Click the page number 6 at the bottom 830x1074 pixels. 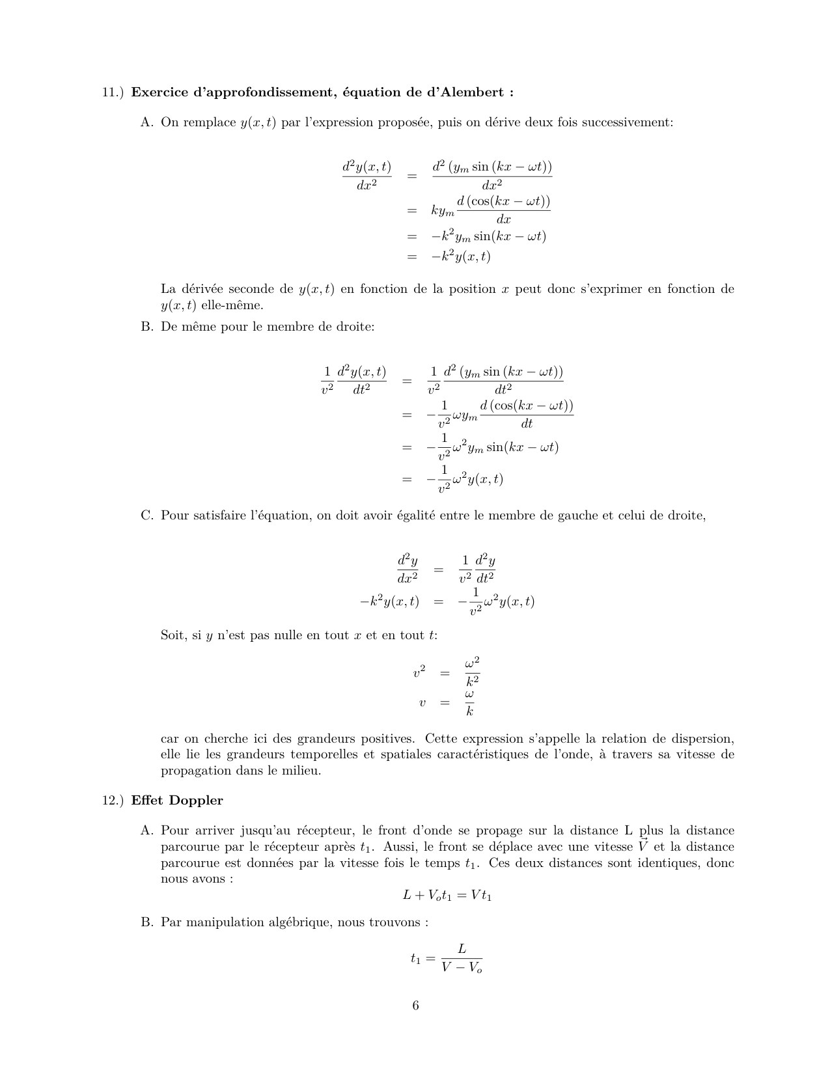(415, 1006)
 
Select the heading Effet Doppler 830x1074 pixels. (176, 801)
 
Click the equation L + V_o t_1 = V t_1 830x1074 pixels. (447, 896)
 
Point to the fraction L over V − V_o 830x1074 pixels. (462, 958)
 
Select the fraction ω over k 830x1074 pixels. (469, 703)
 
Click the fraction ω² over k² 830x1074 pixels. (472, 672)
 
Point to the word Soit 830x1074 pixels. (173, 635)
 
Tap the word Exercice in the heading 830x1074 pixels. (159, 92)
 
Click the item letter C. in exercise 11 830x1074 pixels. (146, 516)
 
